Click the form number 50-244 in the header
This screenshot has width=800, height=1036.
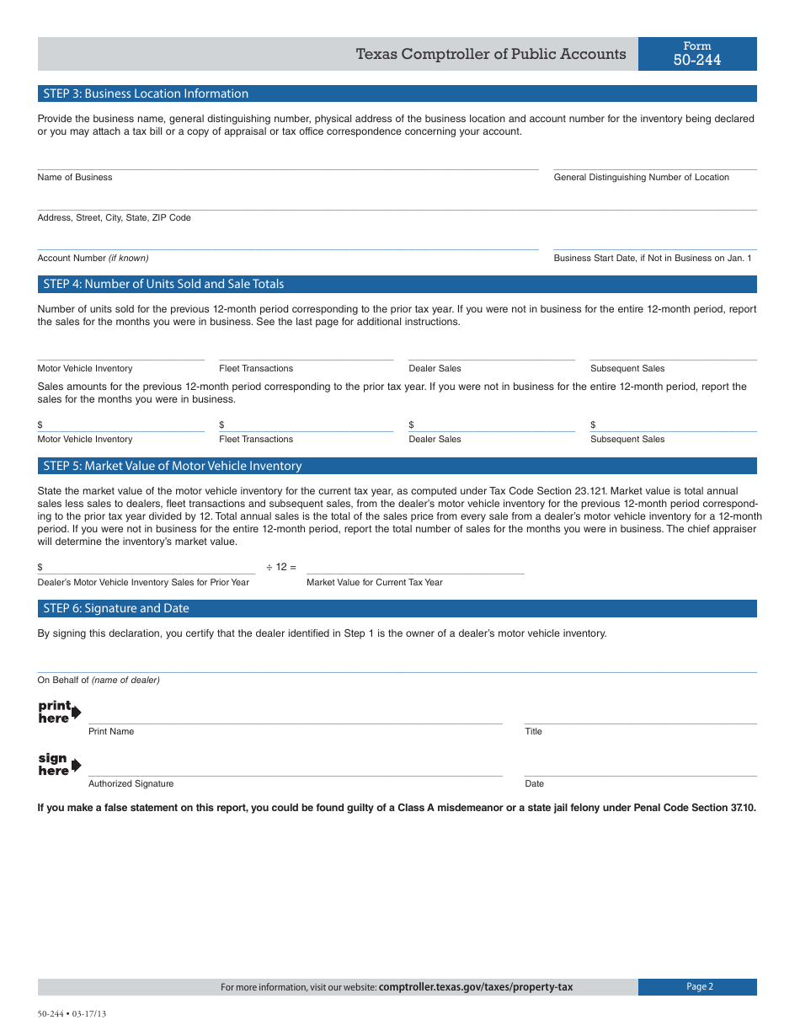point(696,60)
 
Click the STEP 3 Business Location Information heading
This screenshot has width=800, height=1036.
point(146,93)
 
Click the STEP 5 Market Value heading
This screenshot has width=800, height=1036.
point(172,466)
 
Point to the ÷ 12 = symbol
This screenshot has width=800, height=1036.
point(281,568)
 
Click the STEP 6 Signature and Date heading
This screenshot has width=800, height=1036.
point(116,608)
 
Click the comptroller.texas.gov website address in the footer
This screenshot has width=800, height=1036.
point(475,987)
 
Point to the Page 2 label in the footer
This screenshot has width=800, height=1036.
point(699,987)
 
